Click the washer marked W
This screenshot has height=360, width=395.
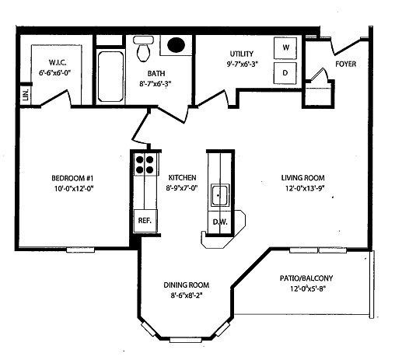pyautogui.click(x=285, y=48)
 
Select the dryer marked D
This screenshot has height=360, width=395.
pyautogui.click(x=285, y=73)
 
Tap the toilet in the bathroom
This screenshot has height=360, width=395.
pyautogui.click(x=143, y=49)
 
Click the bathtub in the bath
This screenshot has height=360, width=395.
pyautogui.click(x=110, y=77)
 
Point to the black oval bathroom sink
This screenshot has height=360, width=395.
pyautogui.click(x=176, y=45)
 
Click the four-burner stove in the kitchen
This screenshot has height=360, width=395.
pyautogui.click(x=145, y=165)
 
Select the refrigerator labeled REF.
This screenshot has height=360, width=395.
pyautogui.click(x=145, y=221)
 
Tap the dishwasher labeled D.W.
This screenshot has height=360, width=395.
pyautogui.click(x=220, y=222)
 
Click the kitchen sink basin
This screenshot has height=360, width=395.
pyautogui.click(x=220, y=195)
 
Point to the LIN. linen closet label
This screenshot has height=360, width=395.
pyautogui.click(x=26, y=95)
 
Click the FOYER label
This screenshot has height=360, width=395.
pyautogui.click(x=345, y=64)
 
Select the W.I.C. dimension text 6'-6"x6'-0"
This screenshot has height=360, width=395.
pyautogui.click(x=54, y=73)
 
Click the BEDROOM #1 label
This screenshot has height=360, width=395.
pyautogui.click(x=72, y=178)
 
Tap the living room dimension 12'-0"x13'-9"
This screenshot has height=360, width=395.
pyautogui.click(x=305, y=188)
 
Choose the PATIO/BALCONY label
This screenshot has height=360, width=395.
pyautogui.click(x=306, y=278)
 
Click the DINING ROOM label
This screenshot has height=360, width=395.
pyautogui.click(x=187, y=285)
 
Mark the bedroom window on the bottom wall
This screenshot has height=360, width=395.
pyautogui.click(x=80, y=250)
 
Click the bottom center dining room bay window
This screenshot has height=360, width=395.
pyautogui.click(x=185, y=340)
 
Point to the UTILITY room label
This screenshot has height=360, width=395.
pyautogui.click(x=242, y=54)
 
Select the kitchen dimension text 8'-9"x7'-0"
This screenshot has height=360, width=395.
pyautogui.click(x=182, y=188)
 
